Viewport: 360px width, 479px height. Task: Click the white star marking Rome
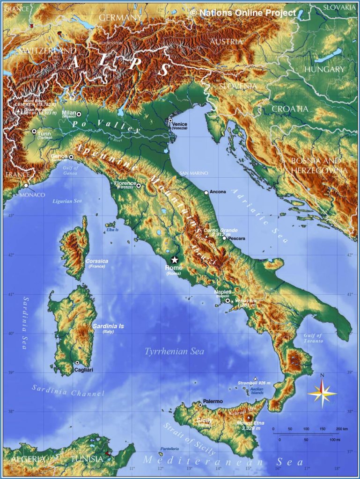(175, 260)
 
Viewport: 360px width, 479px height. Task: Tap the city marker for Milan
(79, 114)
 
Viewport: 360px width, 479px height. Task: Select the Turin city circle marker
(34, 131)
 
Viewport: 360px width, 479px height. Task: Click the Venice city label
(179, 124)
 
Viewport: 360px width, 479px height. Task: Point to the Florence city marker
(139, 186)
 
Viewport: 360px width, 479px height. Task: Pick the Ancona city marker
(206, 192)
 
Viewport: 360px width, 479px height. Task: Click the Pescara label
(237, 239)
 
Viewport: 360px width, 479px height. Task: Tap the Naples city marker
(228, 301)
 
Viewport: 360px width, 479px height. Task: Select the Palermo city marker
(200, 405)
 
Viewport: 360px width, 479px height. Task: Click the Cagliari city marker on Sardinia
(77, 363)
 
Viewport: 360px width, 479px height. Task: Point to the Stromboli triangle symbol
(255, 378)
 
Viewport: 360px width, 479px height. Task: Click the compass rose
(322, 392)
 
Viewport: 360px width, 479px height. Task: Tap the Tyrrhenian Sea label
(174, 351)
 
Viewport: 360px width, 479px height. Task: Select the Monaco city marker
(26, 186)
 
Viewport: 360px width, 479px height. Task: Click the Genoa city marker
(71, 157)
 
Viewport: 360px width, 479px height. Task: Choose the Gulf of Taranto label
(313, 338)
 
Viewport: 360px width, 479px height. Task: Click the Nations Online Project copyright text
(243, 13)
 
